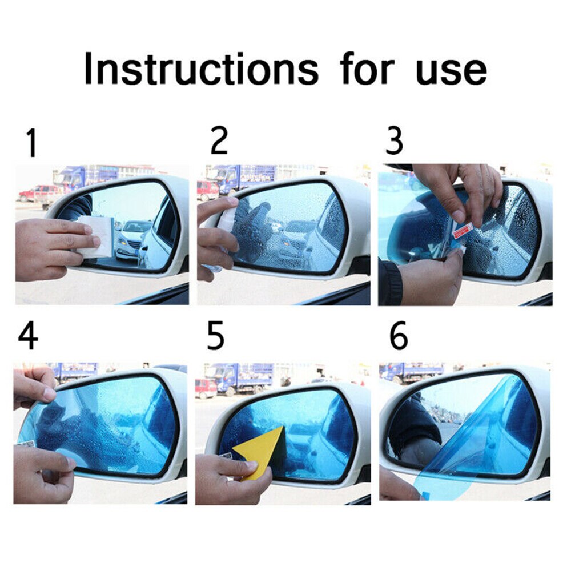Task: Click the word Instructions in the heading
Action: tap(201, 69)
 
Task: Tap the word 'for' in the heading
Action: tap(367, 69)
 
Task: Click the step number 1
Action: tap(31, 143)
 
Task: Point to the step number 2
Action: tap(219, 141)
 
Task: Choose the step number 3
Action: tap(394, 141)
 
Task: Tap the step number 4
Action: tap(29, 337)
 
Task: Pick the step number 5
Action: tap(216, 337)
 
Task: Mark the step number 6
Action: tap(398, 337)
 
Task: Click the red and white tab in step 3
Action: tap(461, 230)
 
